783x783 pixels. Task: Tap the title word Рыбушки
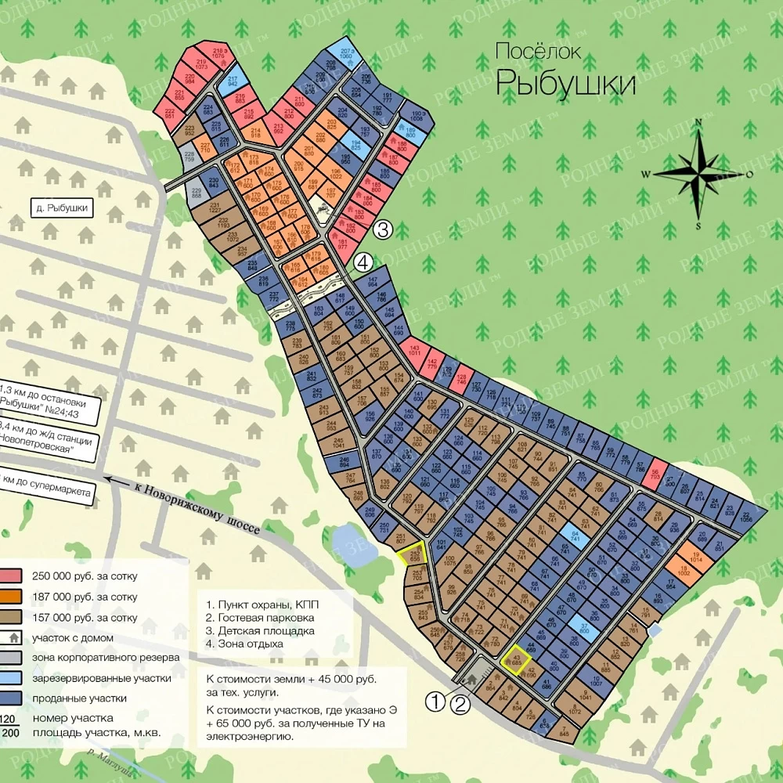[566, 82]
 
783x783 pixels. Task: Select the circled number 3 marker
[382, 229]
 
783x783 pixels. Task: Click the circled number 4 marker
[363, 262]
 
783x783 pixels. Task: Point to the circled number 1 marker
[435, 702]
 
